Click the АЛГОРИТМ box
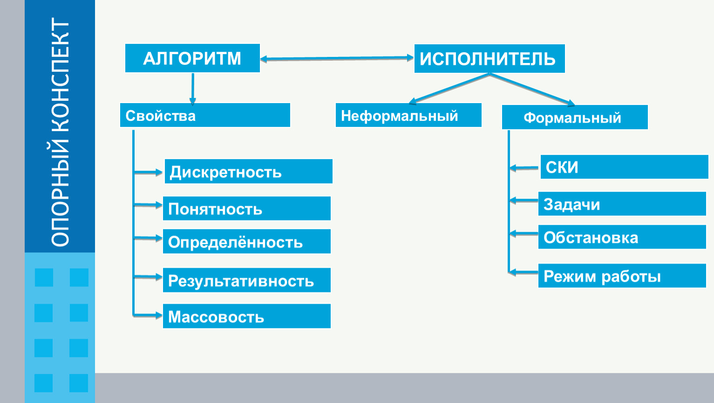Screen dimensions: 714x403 point(192,58)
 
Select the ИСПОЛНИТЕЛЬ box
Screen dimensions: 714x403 point(490,58)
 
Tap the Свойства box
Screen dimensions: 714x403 point(205,115)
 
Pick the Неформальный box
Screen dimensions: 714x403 point(408,115)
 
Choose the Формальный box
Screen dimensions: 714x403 point(575,117)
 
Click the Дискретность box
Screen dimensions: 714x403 point(249,171)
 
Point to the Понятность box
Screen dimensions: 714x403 point(247,208)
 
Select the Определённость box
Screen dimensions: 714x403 point(247,241)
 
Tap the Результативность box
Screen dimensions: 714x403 point(247,280)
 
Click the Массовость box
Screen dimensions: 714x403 point(247,316)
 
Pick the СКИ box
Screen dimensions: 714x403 point(625,167)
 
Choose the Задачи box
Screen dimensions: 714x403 point(622,204)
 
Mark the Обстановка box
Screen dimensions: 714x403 point(622,236)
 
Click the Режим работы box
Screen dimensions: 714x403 point(622,276)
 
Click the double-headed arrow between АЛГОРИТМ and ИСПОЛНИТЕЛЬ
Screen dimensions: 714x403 point(337,58)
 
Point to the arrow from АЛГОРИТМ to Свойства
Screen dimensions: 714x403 point(192,89)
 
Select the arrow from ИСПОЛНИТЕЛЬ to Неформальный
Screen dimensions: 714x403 point(449,89)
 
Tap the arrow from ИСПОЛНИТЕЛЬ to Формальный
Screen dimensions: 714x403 point(532,90)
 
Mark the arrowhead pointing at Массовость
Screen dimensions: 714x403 point(159,315)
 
